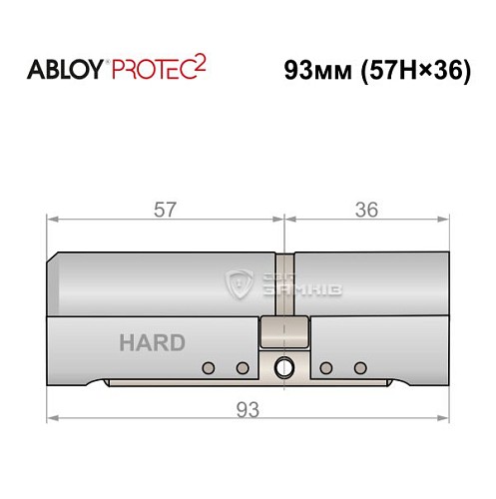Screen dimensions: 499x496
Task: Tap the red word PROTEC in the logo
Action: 155,70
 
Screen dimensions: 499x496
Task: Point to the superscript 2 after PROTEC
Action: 202,64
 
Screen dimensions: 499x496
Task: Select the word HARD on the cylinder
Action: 152,342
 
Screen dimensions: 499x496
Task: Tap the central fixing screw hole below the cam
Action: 284,368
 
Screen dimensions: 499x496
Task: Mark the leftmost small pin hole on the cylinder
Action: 208,368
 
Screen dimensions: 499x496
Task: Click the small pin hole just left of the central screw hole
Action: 242,368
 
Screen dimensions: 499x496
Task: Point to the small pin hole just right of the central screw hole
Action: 326,368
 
